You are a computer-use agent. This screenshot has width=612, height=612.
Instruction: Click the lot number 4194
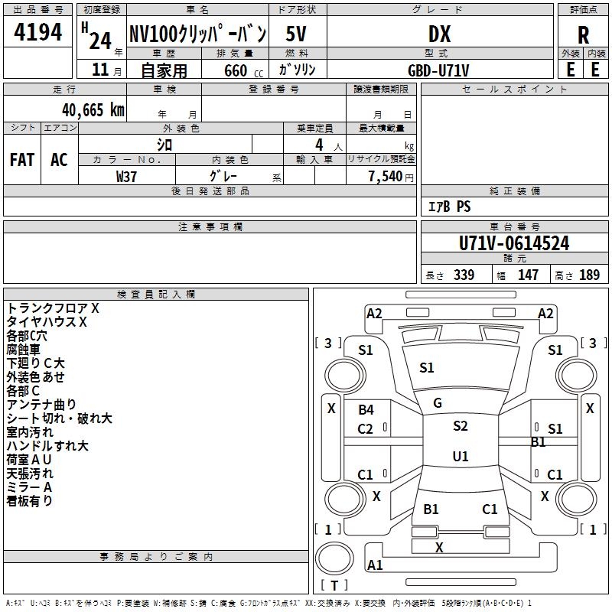[37, 32]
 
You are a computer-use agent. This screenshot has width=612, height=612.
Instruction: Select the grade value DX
[439, 34]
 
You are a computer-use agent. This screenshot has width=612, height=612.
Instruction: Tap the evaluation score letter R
[583, 35]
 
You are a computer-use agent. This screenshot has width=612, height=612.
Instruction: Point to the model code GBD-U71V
[438, 70]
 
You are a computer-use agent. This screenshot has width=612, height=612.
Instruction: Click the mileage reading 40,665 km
[93, 110]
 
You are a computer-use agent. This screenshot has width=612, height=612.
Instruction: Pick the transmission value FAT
[22, 160]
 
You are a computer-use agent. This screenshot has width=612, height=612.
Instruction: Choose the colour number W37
[126, 177]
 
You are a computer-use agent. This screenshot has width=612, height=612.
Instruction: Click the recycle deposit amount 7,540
[386, 176]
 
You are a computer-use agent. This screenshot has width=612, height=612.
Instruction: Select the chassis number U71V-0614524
[514, 243]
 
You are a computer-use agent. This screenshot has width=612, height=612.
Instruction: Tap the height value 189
[589, 275]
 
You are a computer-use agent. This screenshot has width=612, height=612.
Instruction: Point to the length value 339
[464, 275]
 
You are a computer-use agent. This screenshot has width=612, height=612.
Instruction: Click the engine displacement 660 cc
[243, 71]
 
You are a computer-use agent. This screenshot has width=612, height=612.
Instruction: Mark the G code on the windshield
[438, 403]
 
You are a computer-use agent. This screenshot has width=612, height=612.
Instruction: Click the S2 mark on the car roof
[461, 425]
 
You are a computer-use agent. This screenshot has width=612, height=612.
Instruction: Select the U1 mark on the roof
[461, 456]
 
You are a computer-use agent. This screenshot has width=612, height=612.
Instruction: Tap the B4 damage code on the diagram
[366, 409]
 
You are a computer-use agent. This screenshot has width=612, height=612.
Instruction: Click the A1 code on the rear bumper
[375, 565]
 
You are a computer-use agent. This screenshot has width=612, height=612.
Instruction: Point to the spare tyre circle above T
[334, 558]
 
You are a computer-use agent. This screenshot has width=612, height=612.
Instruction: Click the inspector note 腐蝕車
[23, 350]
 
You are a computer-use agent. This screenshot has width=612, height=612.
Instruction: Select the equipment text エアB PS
[449, 207]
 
